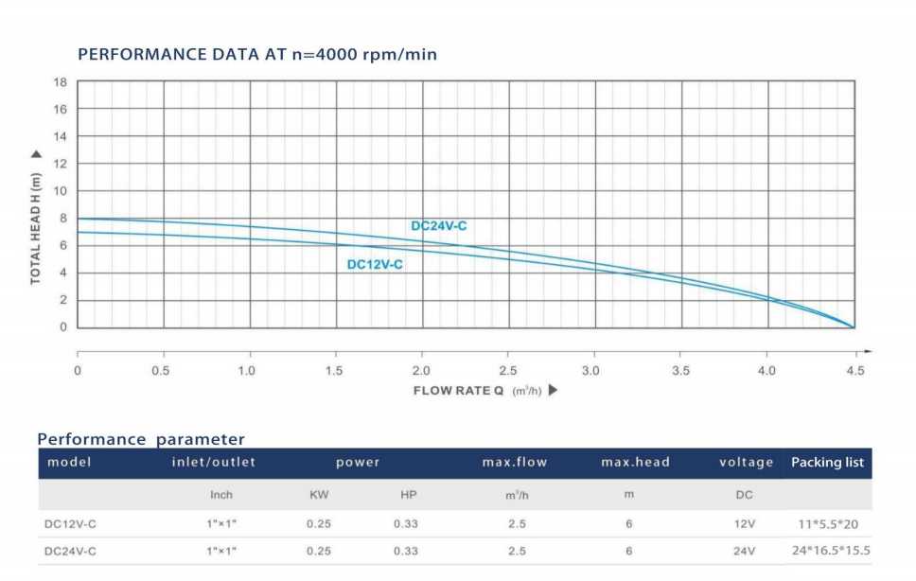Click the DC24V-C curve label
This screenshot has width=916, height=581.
point(438,226)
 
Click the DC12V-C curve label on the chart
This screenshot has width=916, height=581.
point(375,265)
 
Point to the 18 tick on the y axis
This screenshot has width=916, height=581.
point(60,82)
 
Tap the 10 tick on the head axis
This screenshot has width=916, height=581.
point(60,191)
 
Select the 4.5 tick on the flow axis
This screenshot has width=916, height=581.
point(854,371)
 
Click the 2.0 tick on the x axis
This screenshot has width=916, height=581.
point(422,371)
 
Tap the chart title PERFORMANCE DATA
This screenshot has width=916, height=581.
point(257,54)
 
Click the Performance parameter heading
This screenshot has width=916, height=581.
point(141,439)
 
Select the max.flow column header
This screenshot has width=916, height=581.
point(515,463)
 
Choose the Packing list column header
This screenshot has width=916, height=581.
point(828,463)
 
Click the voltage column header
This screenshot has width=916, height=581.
point(747,463)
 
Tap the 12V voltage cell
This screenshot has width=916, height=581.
point(745,523)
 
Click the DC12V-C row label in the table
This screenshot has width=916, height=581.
point(70,523)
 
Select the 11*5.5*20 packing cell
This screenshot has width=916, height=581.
point(828,523)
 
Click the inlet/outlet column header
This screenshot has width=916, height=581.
point(213,463)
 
